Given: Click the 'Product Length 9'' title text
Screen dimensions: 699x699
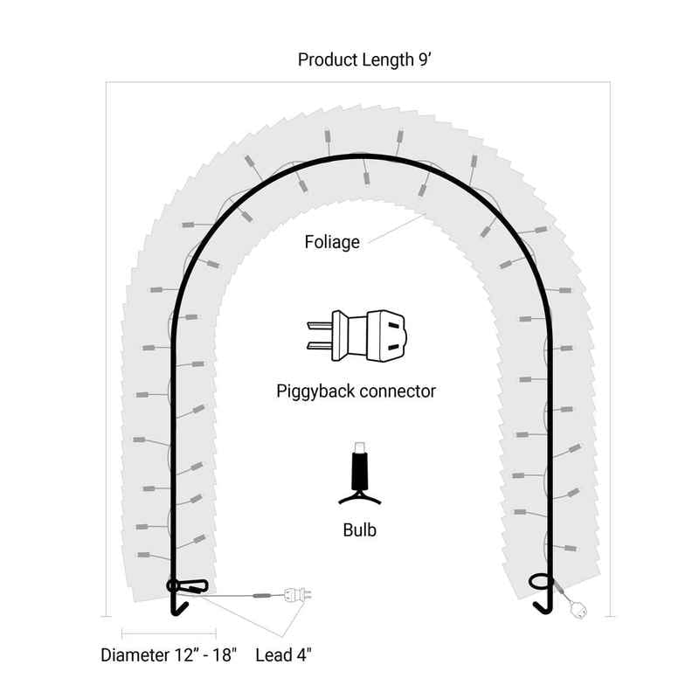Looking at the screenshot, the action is click(x=364, y=59).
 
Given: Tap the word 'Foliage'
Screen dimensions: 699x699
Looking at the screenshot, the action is click(x=332, y=242).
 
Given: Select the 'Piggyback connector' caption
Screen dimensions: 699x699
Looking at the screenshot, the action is click(x=356, y=391).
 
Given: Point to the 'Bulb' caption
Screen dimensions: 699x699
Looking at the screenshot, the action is click(x=360, y=530).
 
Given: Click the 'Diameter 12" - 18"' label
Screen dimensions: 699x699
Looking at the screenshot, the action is click(x=169, y=654).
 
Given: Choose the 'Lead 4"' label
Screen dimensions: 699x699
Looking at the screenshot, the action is click(x=283, y=654).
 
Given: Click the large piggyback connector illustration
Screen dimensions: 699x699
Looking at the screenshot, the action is click(x=356, y=336).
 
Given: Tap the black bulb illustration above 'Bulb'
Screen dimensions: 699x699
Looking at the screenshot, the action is click(x=360, y=474).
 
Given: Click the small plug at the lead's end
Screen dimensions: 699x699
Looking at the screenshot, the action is click(x=298, y=594).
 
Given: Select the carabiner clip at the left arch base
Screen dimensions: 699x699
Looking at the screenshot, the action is click(x=187, y=585).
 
